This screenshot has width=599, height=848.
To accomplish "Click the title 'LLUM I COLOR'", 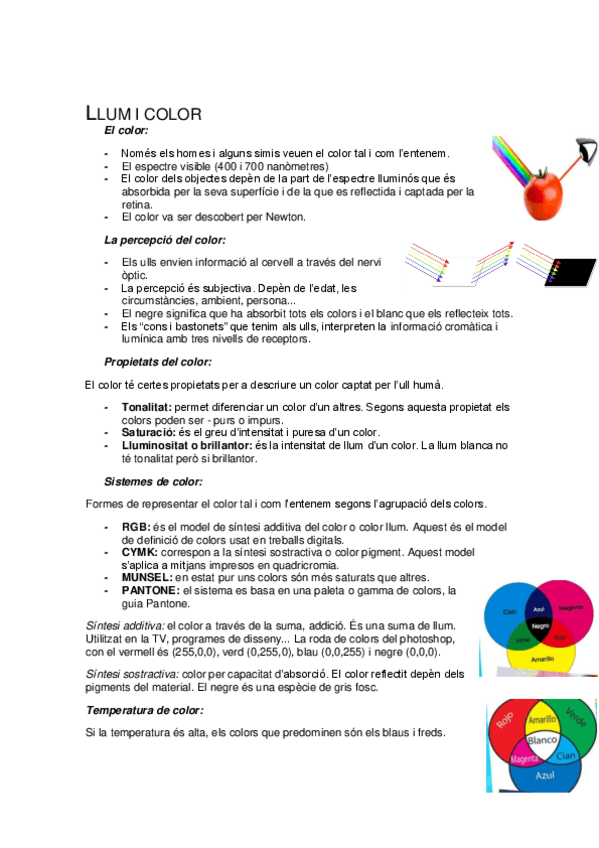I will point(144,114).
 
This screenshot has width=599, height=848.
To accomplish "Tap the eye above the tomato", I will point(587,151).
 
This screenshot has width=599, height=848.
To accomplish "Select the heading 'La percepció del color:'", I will point(165,240).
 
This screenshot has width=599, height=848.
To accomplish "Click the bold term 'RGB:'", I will point(135,526).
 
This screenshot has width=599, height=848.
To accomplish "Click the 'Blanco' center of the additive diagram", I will point(541,741).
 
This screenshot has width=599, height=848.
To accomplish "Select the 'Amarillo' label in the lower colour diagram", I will point(542,720).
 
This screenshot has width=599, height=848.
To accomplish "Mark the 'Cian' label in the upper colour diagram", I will point(509,611).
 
